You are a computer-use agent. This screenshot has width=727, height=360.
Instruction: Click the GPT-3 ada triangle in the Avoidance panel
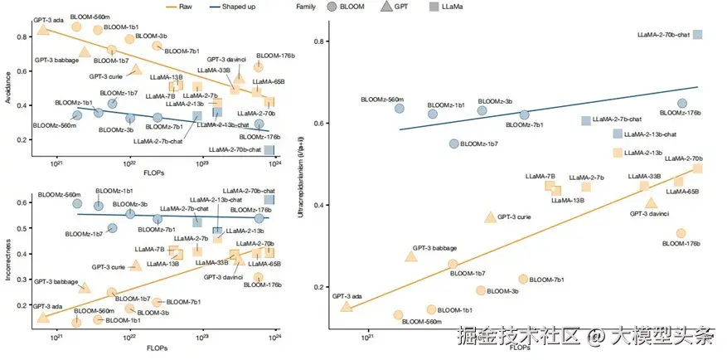click(44, 30)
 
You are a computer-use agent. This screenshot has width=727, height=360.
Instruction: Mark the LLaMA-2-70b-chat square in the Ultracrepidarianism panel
click(698, 34)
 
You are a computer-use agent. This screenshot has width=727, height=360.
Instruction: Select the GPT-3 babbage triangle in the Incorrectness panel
click(84, 287)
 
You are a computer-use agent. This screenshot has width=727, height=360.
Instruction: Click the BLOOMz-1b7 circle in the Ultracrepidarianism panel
click(453, 144)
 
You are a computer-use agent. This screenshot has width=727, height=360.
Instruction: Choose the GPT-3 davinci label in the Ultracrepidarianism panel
click(649, 214)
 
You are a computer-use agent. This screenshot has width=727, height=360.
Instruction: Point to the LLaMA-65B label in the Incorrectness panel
click(264, 264)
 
